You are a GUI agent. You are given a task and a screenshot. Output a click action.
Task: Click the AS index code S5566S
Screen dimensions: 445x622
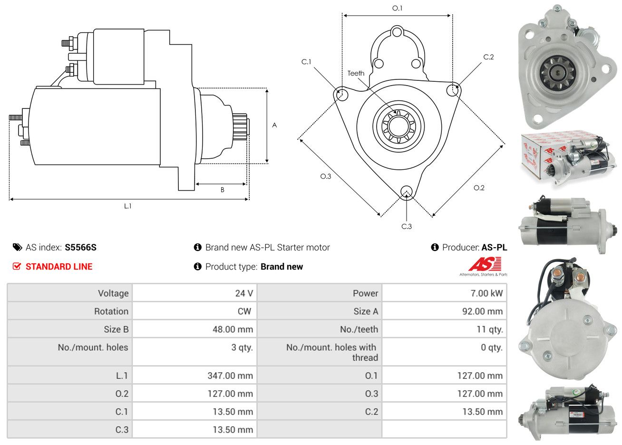(x=81, y=247)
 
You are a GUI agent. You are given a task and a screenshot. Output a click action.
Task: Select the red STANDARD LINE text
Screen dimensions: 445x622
(x=59, y=267)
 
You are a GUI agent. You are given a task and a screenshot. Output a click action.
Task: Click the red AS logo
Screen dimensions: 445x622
(x=485, y=264)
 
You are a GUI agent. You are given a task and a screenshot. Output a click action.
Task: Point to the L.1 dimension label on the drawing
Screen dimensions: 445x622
(x=127, y=206)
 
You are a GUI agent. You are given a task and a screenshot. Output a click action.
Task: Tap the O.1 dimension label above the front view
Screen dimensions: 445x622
(x=397, y=8)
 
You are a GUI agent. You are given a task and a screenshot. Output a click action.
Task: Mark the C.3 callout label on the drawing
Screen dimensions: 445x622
(x=406, y=226)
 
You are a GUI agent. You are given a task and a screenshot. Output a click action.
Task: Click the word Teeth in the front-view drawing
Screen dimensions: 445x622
(x=356, y=73)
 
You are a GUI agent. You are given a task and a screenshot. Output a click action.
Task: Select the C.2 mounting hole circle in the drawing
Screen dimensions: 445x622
(x=454, y=90)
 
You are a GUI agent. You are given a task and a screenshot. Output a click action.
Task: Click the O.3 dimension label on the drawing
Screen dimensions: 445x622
(x=325, y=176)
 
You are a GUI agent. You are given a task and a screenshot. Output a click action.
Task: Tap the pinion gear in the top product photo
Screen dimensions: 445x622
(x=557, y=73)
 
